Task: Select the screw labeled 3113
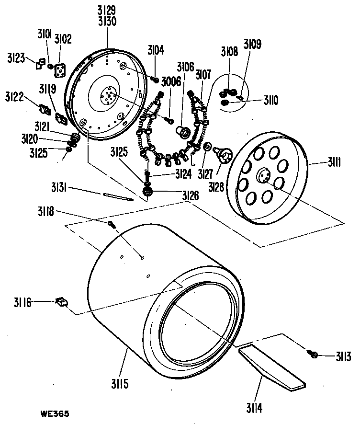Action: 313,355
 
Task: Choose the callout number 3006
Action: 171,81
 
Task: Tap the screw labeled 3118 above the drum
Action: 111,224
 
